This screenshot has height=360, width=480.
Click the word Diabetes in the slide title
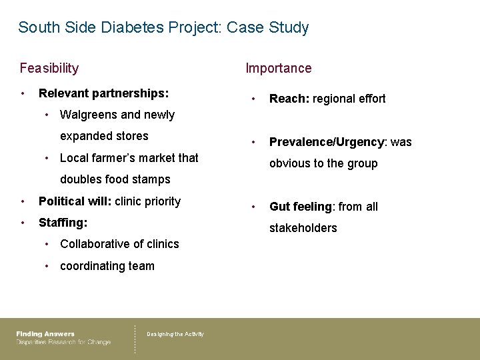(x=126, y=28)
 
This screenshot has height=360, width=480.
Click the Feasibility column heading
(x=49, y=68)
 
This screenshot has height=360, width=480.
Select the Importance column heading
(x=278, y=68)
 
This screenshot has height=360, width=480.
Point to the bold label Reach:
(x=287, y=99)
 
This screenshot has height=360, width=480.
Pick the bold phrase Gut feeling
(x=300, y=207)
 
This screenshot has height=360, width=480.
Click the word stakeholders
(x=303, y=228)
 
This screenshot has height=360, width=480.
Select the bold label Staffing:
(x=63, y=222)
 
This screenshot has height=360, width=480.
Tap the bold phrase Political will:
(x=75, y=201)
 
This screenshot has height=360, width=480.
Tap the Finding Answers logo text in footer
(x=45, y=334)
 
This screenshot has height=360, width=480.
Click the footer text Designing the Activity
(x=175, y=334)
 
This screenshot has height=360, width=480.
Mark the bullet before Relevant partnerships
(x=23, y=93)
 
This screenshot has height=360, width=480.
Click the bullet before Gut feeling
(x=253, y=207)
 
